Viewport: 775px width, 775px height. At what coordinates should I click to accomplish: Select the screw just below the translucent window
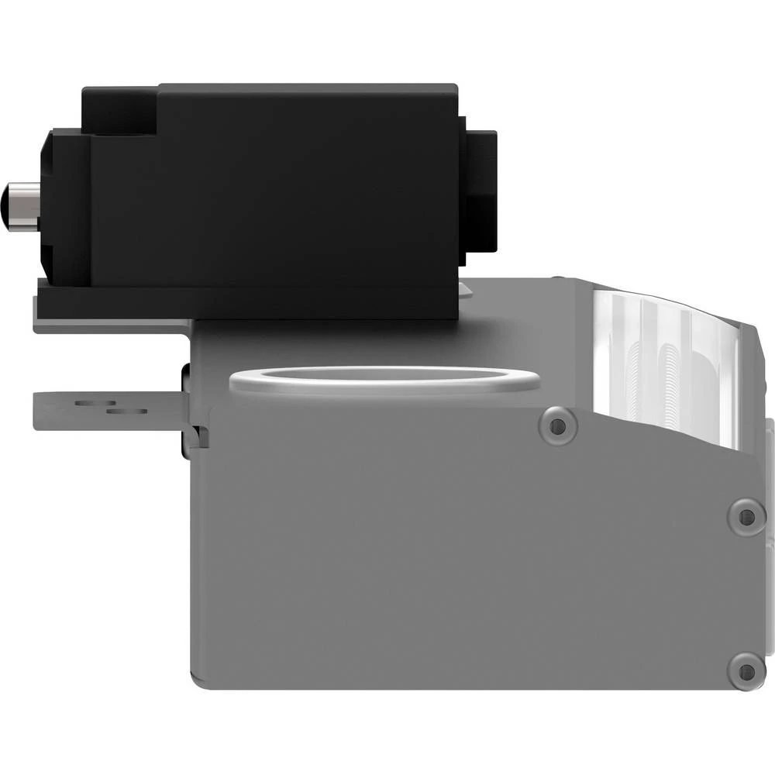click(x=556, y=425)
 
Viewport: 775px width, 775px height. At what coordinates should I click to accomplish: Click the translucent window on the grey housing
click(x=666, y=364)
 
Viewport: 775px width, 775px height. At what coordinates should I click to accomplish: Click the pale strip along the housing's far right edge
click(x=769, y=480)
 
